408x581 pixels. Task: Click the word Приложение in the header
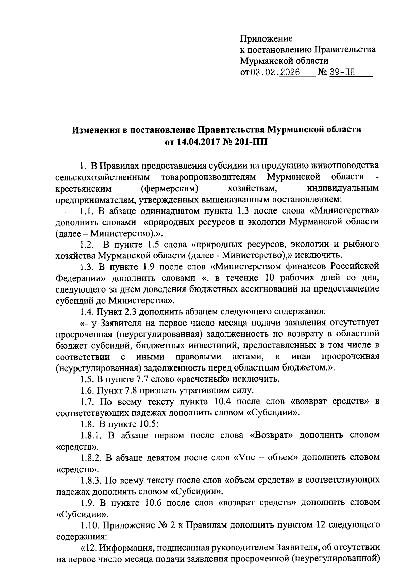point(266,38)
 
